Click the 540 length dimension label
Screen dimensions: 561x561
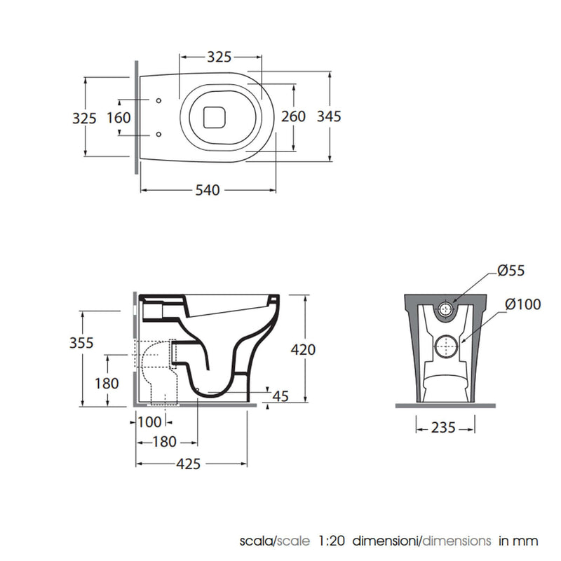coord(208,190)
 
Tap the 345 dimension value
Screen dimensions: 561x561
coord(329,116)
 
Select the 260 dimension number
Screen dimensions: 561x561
coord(293,116)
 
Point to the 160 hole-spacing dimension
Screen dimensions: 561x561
coord(119,118)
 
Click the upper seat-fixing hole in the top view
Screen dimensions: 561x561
coord(158,100)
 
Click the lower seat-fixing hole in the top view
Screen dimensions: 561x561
coord(158,134)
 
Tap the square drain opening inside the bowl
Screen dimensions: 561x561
coord(215,117)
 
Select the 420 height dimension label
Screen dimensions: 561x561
coord(303,349)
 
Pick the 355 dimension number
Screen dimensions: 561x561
coord(81,343)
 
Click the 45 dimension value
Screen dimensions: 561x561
coord(280,396)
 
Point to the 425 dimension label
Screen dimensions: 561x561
coord(188,464)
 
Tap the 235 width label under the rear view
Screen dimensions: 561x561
coord(443,428)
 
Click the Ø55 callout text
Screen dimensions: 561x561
coord(511,271)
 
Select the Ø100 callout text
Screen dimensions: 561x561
coord(522,304)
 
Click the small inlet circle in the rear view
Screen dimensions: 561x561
coord(445,309)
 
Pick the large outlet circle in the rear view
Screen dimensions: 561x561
coord(446,346)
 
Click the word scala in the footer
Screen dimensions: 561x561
coord(257,541)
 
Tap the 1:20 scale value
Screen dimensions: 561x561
coord(331,541)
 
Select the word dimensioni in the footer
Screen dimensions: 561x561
coord(385,541)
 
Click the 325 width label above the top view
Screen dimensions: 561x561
coord(219,57)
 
